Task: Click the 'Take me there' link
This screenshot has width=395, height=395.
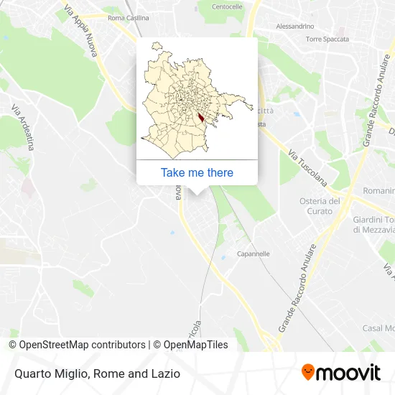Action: tap(197, 172)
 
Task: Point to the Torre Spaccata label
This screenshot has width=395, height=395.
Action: tap(327, 39)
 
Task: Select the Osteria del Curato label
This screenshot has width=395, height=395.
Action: tap(320, 205)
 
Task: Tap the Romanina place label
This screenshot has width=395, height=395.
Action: tap(378, 191)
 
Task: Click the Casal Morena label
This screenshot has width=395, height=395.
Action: tap(378, 327)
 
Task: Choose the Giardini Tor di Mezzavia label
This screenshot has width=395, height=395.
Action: tap(373, 225)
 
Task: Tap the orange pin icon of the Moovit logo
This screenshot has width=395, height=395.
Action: tap(308, 373)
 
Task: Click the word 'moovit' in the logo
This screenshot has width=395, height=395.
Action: tap(350, 373)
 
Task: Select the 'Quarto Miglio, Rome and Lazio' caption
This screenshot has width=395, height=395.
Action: tap(96, 373)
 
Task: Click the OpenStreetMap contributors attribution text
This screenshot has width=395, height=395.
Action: tap(77, 345)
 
